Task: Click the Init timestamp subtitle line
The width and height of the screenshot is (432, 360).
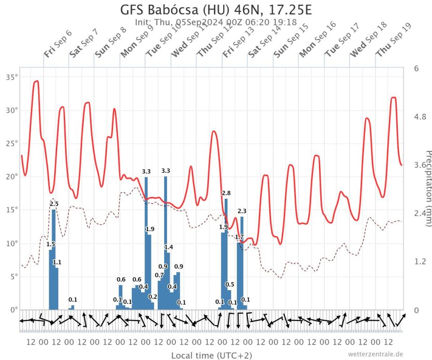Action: coord(216,22)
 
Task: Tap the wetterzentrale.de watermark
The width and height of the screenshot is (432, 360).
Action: coord(375,354)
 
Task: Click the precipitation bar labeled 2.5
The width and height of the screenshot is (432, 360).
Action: coord(54,258)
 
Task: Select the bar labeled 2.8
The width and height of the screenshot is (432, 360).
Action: coord(226,253)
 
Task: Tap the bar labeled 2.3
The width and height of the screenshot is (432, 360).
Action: coord(242,262)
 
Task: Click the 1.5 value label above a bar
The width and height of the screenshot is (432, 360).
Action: coord(51,244)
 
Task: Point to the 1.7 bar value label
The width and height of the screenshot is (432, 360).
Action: coord(239,237)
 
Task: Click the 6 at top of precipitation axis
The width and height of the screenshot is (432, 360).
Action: coord(417,68)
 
